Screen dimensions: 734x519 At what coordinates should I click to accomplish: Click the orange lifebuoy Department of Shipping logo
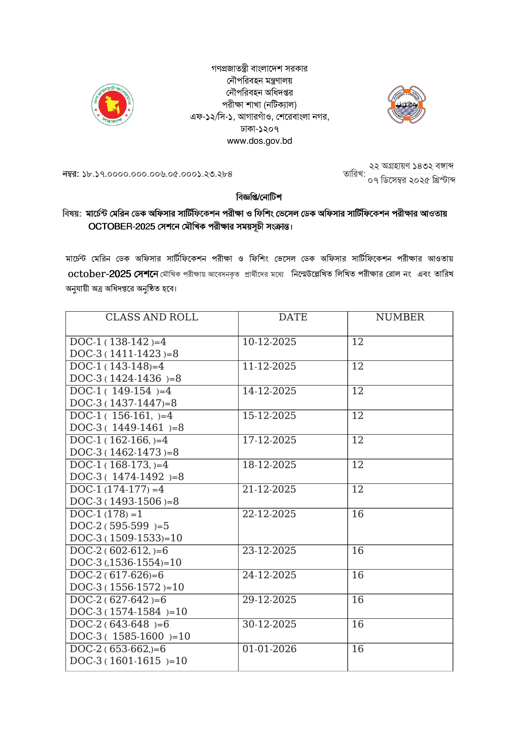pos(406,105)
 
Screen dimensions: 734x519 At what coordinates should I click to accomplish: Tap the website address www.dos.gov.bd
pos(259,141)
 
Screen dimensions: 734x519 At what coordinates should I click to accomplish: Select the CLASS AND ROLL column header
pos(152,317)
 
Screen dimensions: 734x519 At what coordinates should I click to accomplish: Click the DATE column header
pos(293,317)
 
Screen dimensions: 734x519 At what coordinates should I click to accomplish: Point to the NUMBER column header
pos(400,317)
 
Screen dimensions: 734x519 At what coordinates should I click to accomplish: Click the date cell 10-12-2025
pos(269,342)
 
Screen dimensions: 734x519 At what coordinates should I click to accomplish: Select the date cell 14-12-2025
pos(269,391)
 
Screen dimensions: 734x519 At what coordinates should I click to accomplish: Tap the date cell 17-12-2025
pos(269,440)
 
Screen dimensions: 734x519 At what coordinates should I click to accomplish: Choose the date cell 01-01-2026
pos(269,649)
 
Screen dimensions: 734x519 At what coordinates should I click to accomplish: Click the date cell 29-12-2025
pos(269,600)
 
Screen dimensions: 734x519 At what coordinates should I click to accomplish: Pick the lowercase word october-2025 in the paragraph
pos(99,274)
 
